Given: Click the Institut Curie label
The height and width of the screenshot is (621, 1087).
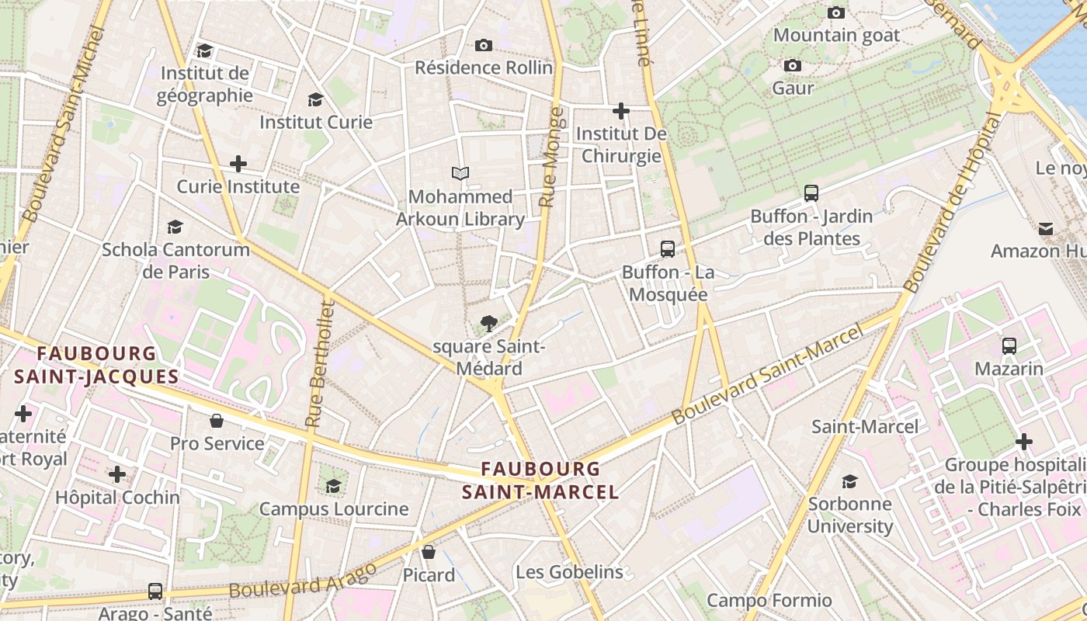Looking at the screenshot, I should (316, 122).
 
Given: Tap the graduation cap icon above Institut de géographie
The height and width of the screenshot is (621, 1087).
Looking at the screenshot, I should (205, 50).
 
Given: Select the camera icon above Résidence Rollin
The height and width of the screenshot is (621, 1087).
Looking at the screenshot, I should (484, 46).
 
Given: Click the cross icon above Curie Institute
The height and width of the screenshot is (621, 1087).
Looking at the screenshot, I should (238, 164).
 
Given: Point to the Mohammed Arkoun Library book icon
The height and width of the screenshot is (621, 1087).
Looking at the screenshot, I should (460, 174).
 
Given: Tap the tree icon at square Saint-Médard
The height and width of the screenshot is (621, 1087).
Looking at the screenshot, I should (488, 323).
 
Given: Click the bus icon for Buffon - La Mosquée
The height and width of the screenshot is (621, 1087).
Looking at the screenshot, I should (668, 249).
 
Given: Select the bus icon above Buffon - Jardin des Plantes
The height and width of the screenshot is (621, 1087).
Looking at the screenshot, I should (811, 193).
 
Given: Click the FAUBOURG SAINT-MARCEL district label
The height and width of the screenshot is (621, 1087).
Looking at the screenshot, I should (540, 480).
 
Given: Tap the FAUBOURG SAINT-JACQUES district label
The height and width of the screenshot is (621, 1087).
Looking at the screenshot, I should (96, 365).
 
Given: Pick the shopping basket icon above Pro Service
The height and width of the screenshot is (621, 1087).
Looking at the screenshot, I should (217, 421).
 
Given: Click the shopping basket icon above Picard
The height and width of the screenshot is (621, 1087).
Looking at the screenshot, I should (429, 552).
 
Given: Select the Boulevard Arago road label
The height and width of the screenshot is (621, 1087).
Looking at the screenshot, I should (303, 580).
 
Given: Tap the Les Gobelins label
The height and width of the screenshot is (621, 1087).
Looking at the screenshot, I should (569, 572).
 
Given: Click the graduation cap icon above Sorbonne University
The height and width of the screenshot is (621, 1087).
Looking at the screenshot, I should (850, 481).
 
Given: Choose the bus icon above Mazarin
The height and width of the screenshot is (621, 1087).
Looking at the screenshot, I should (1009, 346).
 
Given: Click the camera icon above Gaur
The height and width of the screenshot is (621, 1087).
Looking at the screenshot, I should (793, 66).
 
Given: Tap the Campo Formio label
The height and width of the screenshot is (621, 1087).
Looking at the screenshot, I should (769, 600).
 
